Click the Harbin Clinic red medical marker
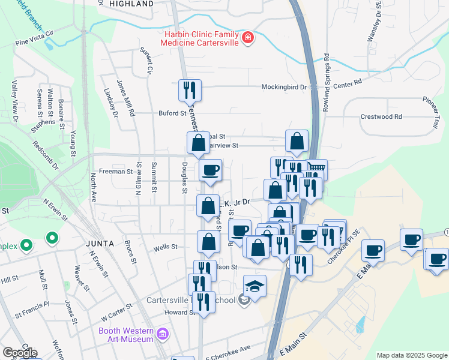tap(247, 39)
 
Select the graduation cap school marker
tap(255, 286)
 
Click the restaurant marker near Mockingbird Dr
tap(190, 90)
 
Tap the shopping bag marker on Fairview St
tap(198, 143)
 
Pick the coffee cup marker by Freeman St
tap(210, 170)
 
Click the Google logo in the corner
tap(20, 352)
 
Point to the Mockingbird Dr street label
tap(283, 87)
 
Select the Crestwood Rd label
tap(381, 116)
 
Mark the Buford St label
tap(173, 113)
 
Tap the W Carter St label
tap(116, 314)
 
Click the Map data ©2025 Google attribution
tap(411, 355)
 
